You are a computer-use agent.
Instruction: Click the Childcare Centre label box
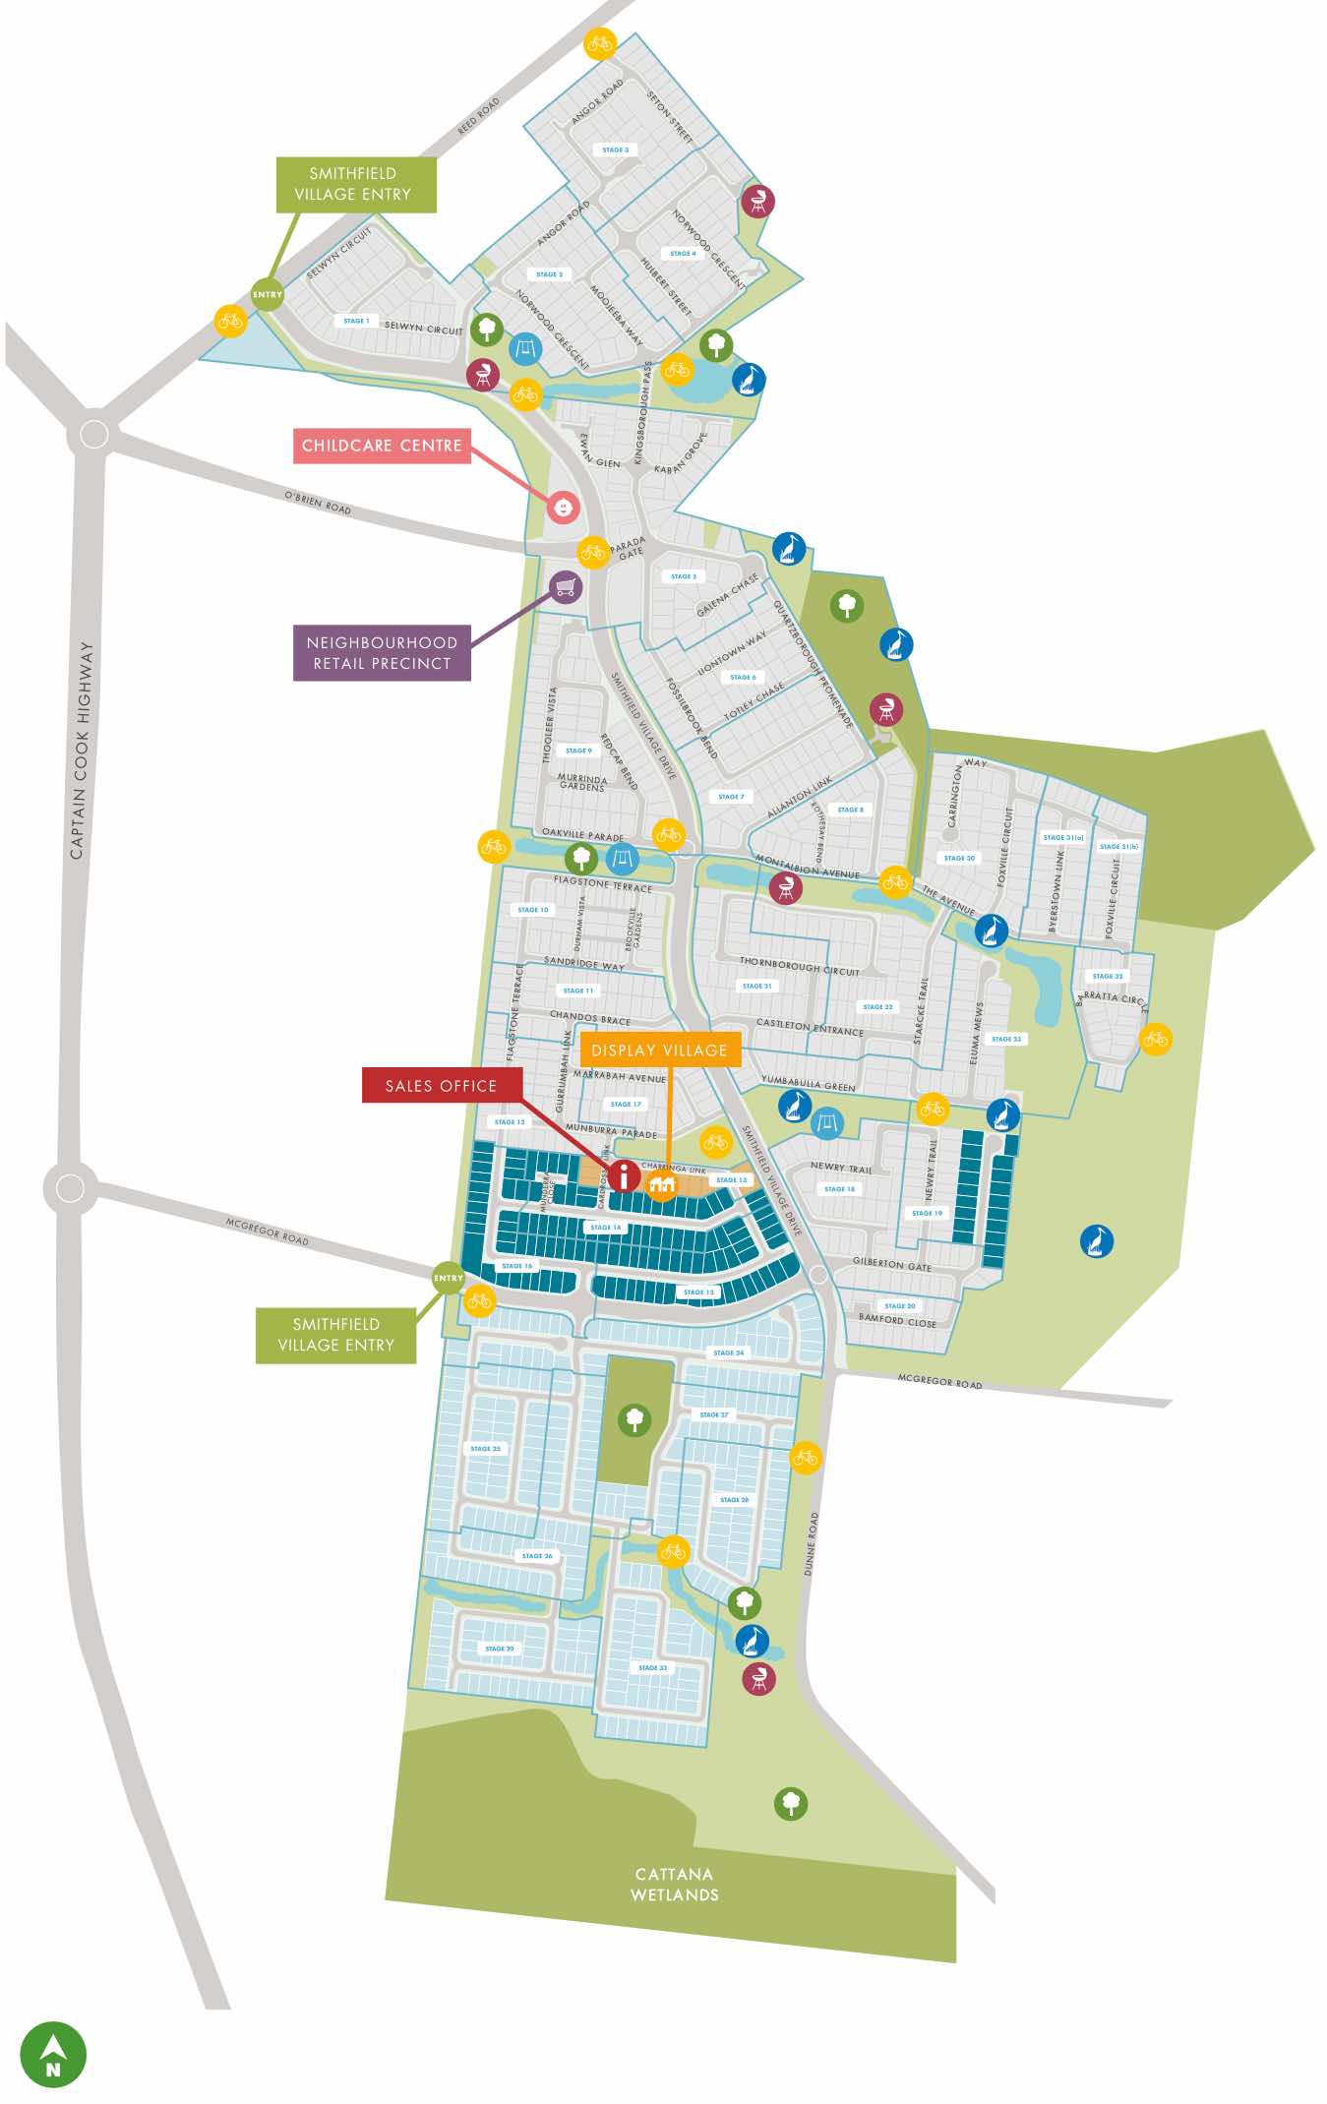point(382,446)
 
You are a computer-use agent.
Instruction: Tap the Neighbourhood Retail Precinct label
point(382,653)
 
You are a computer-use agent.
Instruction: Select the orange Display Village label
point(659,1051)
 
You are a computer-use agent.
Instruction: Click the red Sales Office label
point(441,1086)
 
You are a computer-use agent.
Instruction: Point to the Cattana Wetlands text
point(675,1885)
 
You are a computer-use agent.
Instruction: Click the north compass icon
point(53,2054)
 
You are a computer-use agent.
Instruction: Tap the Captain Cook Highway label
point(82,751)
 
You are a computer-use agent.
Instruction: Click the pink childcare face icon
point(563,508)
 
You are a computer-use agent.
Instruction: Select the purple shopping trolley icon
point(566,588)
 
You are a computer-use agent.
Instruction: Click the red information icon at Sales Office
point(624,1175)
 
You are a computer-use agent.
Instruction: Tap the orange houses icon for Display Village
point(662,1184)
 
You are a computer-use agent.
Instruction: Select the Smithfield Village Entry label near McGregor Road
point(335,1335)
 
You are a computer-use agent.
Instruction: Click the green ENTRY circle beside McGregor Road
point(449,1278)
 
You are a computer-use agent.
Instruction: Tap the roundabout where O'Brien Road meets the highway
point(93,434)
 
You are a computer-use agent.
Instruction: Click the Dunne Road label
point(811,1543)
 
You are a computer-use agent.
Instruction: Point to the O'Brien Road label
point(318,503)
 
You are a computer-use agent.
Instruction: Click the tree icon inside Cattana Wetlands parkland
point(791,1803)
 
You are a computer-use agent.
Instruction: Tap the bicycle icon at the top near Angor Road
point(600,43)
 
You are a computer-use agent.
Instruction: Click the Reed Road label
point(479,115)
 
